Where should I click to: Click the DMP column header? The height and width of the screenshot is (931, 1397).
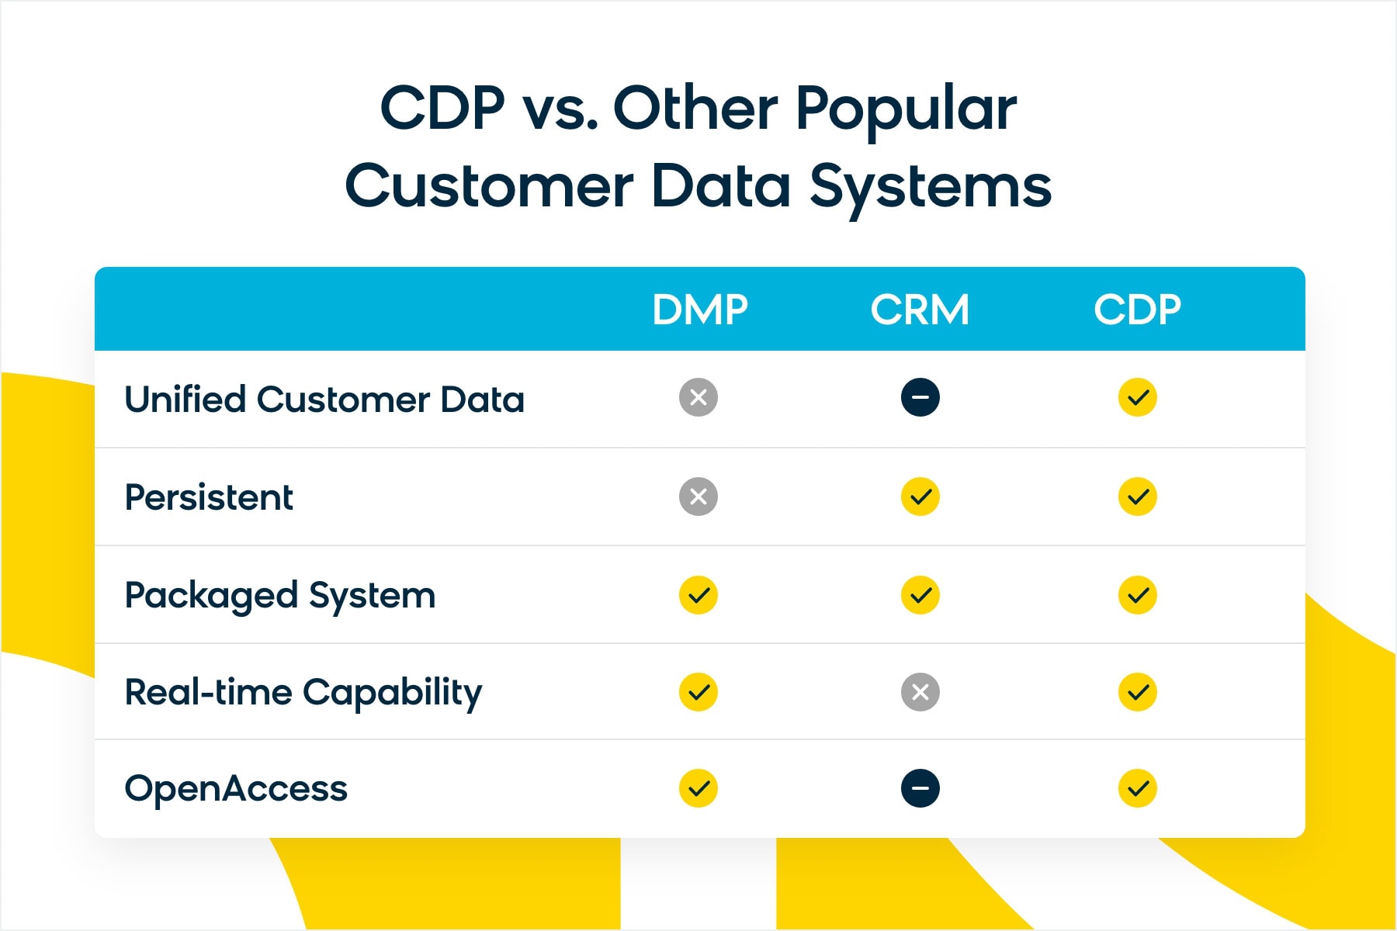(x=699, y=310)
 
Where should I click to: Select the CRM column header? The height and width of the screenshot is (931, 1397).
(x=920, y=310)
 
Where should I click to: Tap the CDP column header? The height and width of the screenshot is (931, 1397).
(x=1137, y=310)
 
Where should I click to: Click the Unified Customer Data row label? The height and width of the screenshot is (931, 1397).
(x=324, y=400)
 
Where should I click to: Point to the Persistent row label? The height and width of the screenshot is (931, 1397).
(x=209, y=497)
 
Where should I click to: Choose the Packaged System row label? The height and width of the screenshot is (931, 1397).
(x=280, y=596)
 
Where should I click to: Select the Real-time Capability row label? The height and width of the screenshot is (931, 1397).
(x=303, y=692)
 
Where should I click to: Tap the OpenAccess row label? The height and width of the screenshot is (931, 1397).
(x=236, y=789)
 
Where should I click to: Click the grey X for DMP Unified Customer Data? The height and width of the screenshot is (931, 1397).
(x=698, y=398)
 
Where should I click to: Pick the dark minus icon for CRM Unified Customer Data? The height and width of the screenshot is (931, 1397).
(x=920, y=398)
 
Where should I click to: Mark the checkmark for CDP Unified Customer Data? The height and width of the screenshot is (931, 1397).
(x=1138, y=398)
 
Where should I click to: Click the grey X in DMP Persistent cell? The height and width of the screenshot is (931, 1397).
(x=698, y=497)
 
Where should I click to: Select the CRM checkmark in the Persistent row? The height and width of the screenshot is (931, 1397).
(x=920, y=497)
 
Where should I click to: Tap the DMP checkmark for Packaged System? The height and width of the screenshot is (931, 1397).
(x=698, y=595)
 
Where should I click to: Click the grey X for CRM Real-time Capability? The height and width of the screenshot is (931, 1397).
(x=920, y=692)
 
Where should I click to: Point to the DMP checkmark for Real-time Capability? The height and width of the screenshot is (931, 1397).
(x=698, y=692)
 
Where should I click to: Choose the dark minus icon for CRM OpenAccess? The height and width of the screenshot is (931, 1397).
(x=920, y=788)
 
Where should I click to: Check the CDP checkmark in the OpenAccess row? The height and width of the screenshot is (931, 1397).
(x=1138, y=788)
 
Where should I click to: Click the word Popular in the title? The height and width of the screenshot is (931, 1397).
(x=906, y=110)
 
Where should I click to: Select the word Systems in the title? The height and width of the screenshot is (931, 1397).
(x=931, y=188)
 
